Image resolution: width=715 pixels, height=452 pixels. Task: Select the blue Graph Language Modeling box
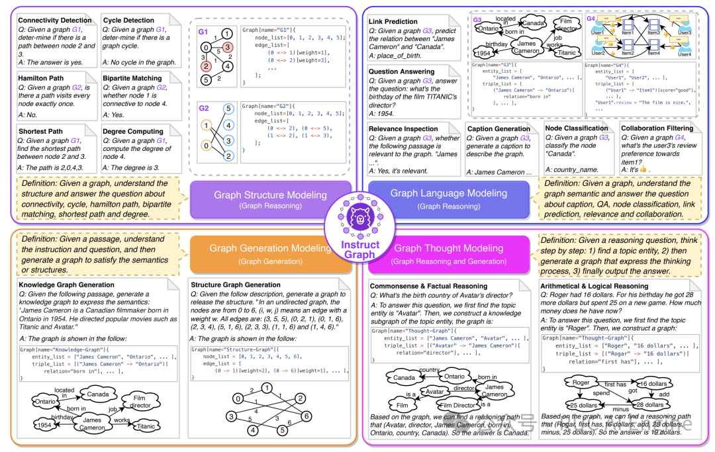tap(448, 198)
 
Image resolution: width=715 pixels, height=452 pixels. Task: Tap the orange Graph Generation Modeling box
tap(270, 253)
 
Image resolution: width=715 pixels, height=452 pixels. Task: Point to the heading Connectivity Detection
tap(54, 21)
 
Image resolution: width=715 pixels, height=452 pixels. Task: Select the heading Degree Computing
tap(132, 132)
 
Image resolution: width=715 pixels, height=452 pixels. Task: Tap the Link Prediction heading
tap(393, 22)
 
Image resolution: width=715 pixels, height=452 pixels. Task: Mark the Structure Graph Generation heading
tap(236, 285)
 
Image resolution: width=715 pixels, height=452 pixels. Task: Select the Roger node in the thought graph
tap(581, 383)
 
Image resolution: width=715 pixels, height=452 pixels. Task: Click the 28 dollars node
tap(649, 405)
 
